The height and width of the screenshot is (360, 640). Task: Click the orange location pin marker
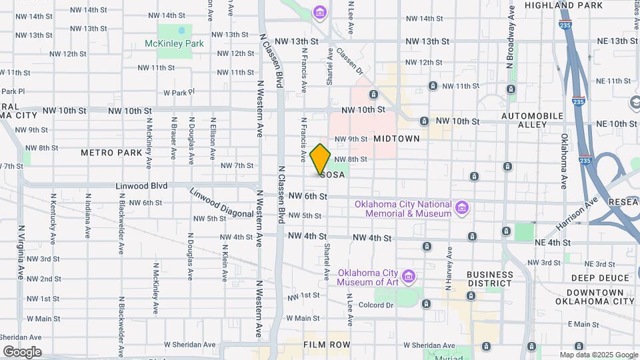(320, 159)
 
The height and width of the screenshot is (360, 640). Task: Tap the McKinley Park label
(174, 43)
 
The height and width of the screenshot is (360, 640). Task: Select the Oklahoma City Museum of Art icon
(410, 275)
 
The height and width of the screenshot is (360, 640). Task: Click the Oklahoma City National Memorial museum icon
(461, 209)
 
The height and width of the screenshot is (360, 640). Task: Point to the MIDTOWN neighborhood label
(397, 139)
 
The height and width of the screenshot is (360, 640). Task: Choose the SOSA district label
(333, 175)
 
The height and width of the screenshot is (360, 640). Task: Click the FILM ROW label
(326, 345)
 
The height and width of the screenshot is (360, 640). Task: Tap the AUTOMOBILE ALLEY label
(533, 120)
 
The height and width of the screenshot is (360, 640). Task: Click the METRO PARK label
(111, 153)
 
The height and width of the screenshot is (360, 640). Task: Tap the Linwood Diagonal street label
(212, 202)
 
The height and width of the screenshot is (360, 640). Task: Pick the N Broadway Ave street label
(511, 37)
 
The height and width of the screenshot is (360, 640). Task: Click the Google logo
(21, 351)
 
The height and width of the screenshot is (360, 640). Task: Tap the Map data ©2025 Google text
(598, 355)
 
